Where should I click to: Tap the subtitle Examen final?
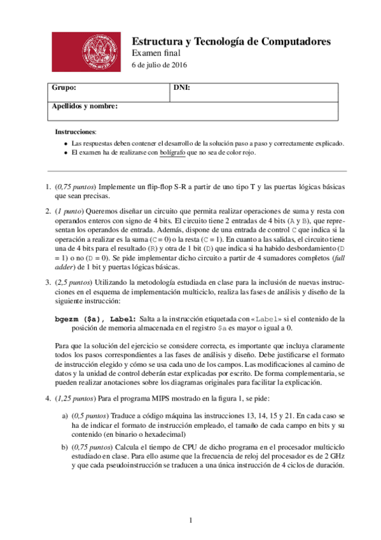click(156, 53)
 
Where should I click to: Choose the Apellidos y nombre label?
click(85, 106)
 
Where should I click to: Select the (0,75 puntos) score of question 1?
click(77, 187)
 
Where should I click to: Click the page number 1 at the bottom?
click(191, 522)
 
